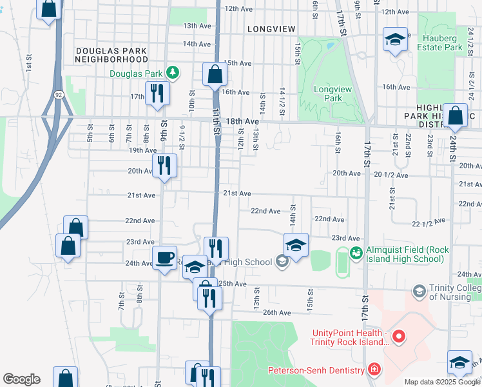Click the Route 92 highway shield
point(59,94)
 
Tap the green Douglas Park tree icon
point(171,73)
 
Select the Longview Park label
point(327,94)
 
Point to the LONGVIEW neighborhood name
point(271,29)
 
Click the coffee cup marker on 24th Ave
point(164,257)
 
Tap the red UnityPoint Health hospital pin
point(398,336)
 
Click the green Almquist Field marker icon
point(356,253)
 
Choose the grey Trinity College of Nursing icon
point(419,292)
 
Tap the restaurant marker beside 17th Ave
point(157,93)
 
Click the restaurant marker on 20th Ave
point(164,165)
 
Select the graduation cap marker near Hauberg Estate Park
point(395,40)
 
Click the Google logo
point(21,379)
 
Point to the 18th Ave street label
point(243,121)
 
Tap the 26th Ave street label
point(277,312)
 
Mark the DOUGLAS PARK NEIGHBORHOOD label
point(111,55)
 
